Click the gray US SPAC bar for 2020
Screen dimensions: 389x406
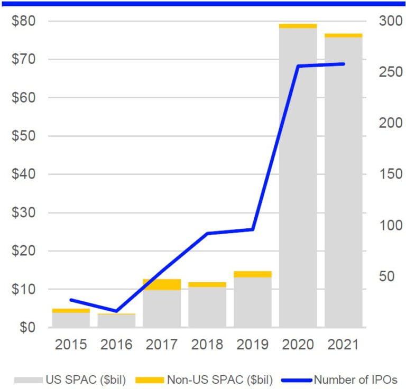(x=298, y=177)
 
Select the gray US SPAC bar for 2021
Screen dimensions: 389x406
(x=344, y=182)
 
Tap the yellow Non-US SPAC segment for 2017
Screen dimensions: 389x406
(x=162, y=284)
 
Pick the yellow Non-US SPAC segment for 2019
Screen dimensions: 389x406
(x=253, y=274)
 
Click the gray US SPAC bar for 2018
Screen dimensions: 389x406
(x=207, y=307)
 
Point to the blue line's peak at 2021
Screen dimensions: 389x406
(x=344, y=64)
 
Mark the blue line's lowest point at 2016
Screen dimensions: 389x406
(x=116, y=311)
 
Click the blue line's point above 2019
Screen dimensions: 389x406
(x=253, y=229)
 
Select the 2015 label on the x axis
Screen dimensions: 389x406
(x=71, y=345)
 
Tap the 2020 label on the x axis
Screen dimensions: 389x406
(x=298, y=345)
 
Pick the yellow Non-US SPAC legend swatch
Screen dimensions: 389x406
(x=150, y=379)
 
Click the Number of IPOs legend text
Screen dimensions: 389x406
(x=355, y=379)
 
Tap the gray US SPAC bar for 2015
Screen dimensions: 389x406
(x=71, y=320)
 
